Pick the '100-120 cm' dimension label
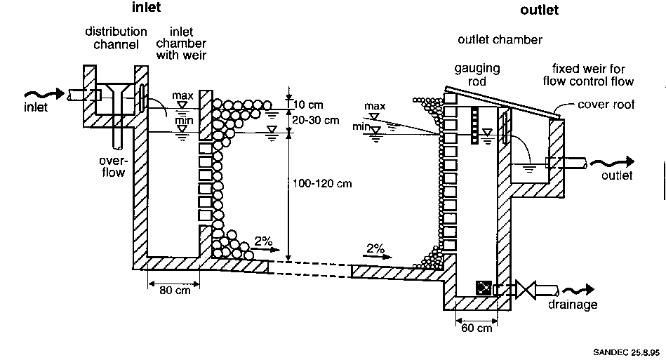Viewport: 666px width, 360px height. pyautogui.click(x=324, y=184)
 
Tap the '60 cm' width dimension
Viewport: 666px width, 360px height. pyautogui.click(x=477, y=328)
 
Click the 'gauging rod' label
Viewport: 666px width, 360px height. pyautogui.click(x=477, y=75)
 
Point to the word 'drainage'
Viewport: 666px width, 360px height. pyautogui.click(x=573, y=305)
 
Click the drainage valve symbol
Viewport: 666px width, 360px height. pyautogui.click(x=527, y=289)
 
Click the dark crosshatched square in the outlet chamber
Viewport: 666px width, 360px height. pyautogui.click(x=484, y=288)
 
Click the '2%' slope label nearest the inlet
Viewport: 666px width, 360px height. pyautogui.click(x=262, y=241)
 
